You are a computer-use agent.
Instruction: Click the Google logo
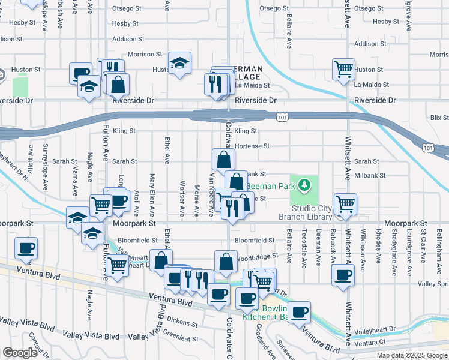(20, 353)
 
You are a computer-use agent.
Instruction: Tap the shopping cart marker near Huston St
(343, 69)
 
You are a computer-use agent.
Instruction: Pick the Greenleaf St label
(181, 337)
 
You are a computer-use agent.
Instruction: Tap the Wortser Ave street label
(182, 197)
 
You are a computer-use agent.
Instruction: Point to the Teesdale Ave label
(304, 246)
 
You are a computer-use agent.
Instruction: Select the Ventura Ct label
(370, 343)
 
